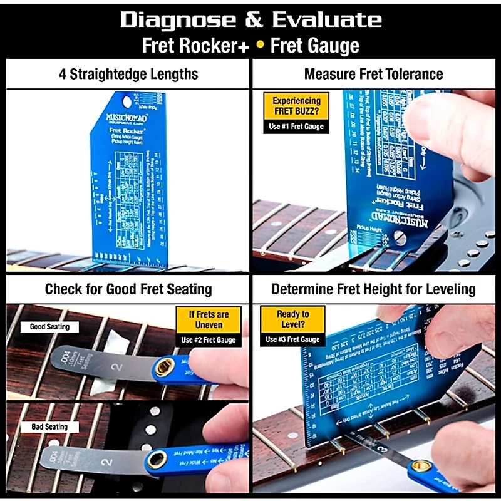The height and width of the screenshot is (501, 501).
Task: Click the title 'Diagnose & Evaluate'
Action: tap(250, 19)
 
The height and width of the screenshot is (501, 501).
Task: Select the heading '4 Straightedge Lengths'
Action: tap(128, 74)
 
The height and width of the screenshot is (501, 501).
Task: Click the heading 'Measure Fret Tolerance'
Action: tap(373, 74)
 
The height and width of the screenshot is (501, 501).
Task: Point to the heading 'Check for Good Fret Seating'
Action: tap(128, 289)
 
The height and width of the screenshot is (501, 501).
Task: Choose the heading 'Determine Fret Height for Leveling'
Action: tap(373, 289)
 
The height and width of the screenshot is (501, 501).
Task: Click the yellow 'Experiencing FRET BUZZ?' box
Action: tap(296, 105)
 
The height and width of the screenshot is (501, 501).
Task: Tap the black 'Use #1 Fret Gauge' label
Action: tap(296, 127)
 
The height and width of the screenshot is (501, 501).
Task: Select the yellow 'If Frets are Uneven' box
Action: tap(209, 319)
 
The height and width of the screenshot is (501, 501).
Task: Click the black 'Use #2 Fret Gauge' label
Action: tap(209, 340)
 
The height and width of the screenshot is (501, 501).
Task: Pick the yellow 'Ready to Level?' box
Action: tap(293, 319)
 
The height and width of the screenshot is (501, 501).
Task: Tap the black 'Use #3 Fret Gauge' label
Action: tap(293, 339)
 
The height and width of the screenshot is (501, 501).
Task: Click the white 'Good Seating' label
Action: tap(49, 327)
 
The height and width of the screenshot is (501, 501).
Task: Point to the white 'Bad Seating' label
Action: tap(49, 427)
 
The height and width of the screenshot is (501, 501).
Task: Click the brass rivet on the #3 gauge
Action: tap(420, 466)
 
